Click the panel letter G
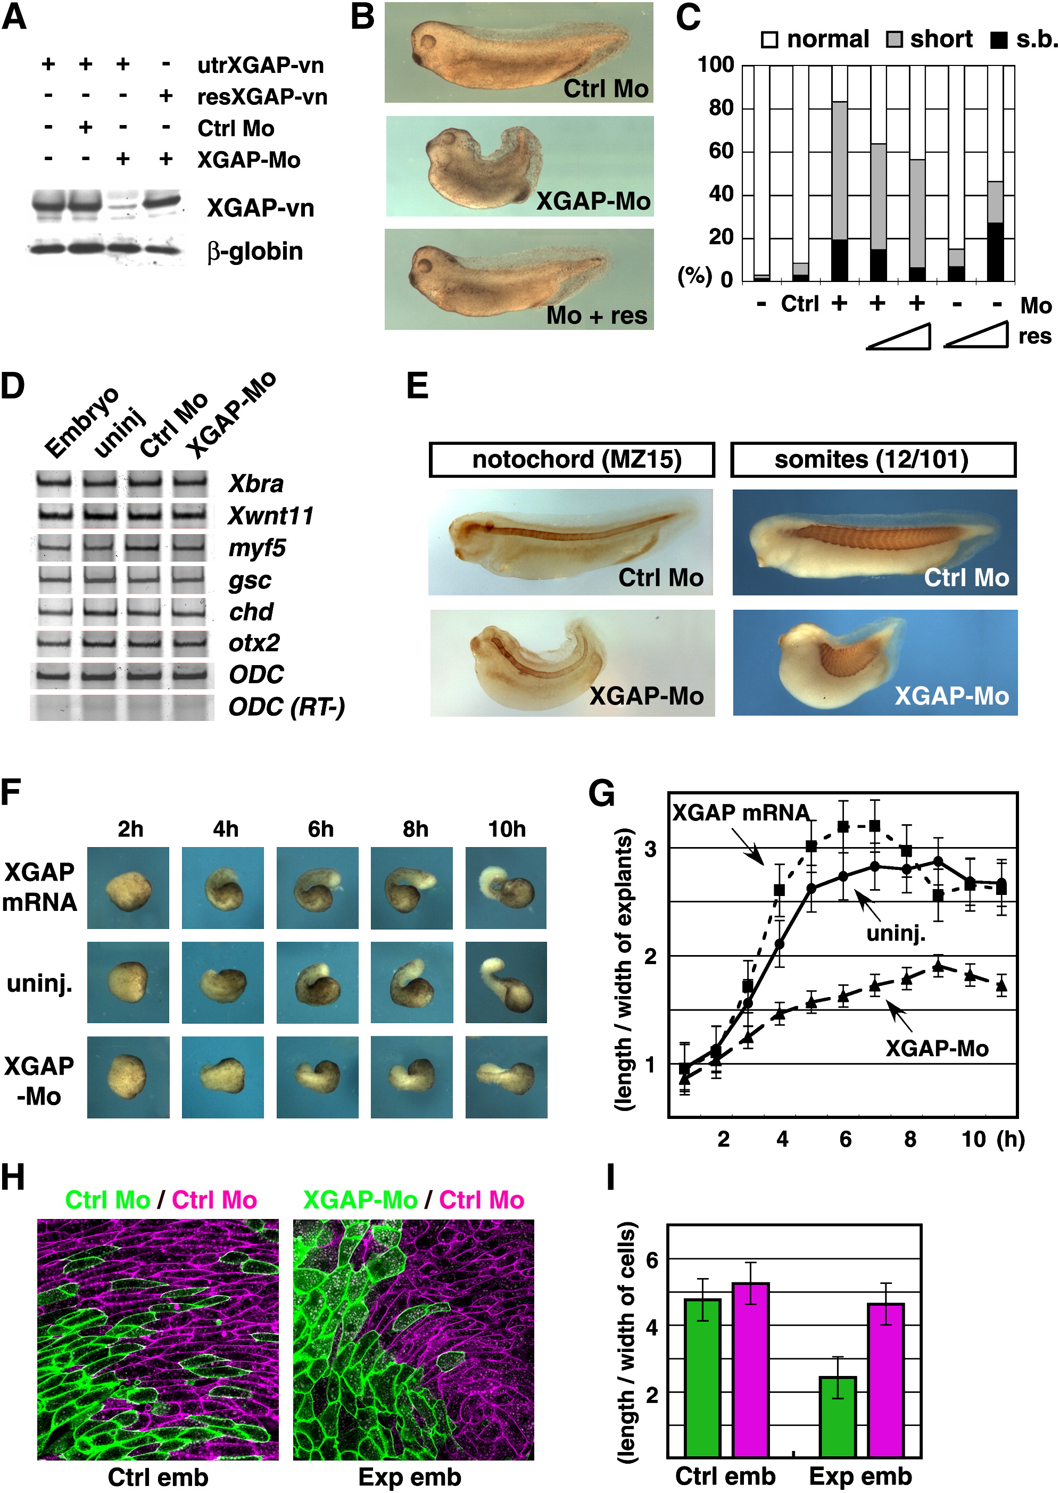601,794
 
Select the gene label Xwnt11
270,516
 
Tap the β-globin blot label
254,251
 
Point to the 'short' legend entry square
893,40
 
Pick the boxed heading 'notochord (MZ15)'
572,459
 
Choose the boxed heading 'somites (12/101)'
872,459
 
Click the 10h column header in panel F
507,829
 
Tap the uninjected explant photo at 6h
317,982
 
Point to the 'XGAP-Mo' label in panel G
936,1048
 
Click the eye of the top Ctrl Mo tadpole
429,43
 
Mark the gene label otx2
254,643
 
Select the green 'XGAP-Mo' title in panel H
360,1199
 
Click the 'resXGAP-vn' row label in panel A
262,97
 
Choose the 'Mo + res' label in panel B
597,315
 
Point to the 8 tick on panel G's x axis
909,1139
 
